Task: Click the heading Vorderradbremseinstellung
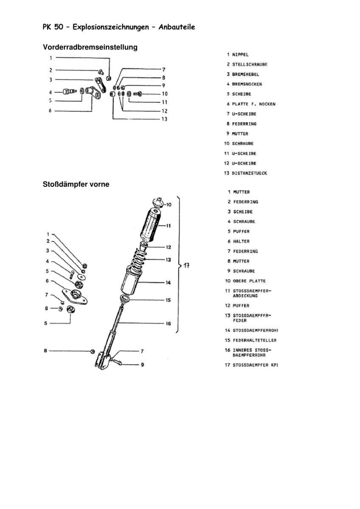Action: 90,47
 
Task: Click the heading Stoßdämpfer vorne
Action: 76,185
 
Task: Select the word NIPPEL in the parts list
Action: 240,55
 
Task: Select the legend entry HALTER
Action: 241,241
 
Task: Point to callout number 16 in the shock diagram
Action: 168,324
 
